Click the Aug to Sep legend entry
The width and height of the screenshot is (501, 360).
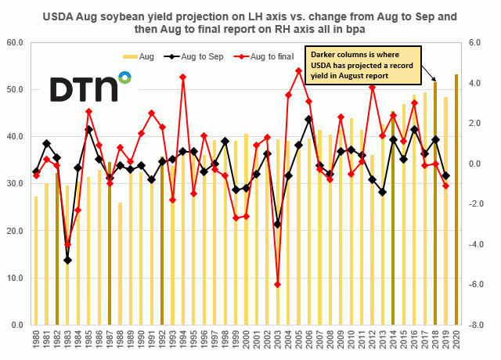coord(196,56)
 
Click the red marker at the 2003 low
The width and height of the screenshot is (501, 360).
coord(277,284)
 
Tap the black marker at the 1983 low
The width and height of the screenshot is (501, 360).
coord(67,260)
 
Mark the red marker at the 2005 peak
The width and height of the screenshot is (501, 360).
coord(298,71)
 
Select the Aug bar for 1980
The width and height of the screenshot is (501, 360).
coord(36,261)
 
